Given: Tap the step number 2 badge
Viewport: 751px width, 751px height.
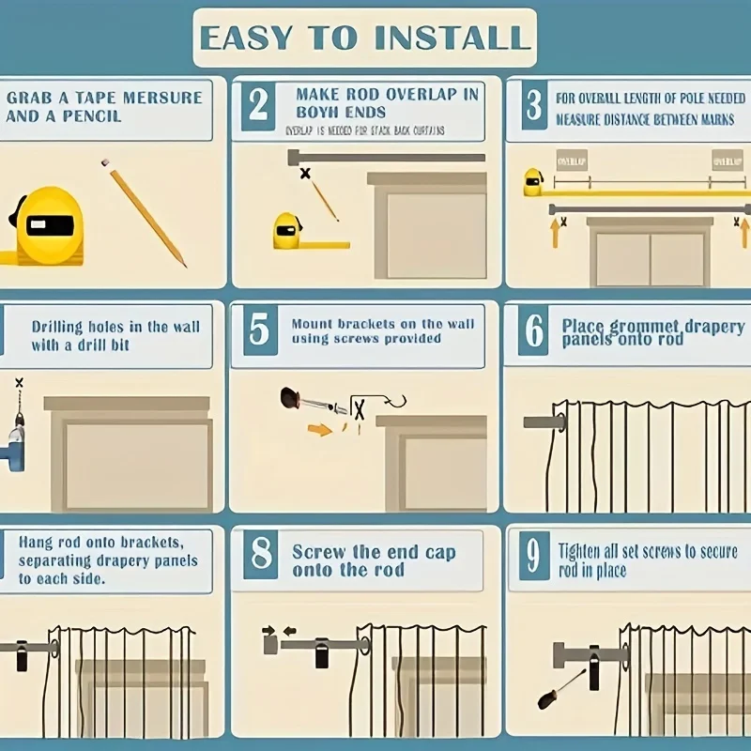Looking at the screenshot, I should (x=258, y=106).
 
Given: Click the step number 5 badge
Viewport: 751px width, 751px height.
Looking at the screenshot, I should (x=260, y=330).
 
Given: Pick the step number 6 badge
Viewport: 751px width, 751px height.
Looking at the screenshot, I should (x=534, y=331).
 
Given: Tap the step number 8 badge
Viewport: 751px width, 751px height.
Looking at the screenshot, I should (x=260, y=556).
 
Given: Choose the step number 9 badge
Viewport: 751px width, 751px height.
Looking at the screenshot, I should (x=533, y=557).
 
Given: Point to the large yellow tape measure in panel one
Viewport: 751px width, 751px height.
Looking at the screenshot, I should (x=45, y=225).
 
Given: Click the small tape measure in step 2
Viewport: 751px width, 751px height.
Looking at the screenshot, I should (x=288, y=231).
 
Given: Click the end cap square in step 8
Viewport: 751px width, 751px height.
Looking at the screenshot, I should (x=271, y=646).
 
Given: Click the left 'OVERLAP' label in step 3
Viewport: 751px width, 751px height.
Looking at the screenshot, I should (x=571, y=160).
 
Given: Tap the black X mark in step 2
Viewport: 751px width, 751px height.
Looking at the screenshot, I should (x=305, y=174).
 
